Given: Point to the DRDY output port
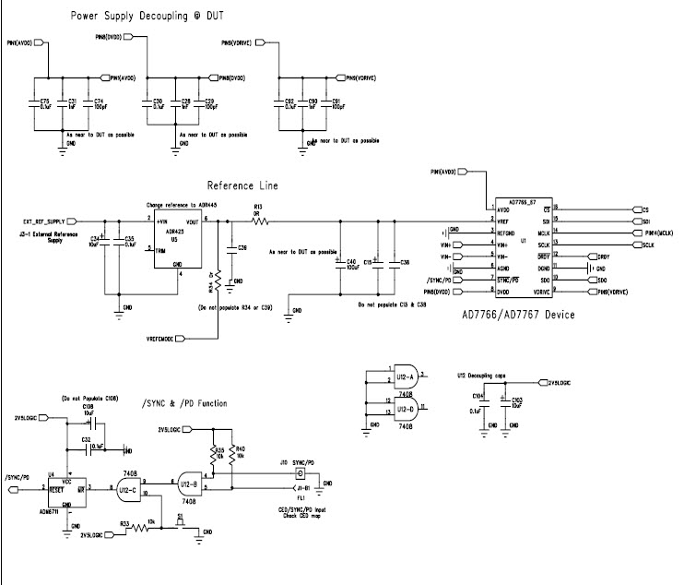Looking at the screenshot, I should (x=591, y=257).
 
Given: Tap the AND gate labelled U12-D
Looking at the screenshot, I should (x=406, y=406).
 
